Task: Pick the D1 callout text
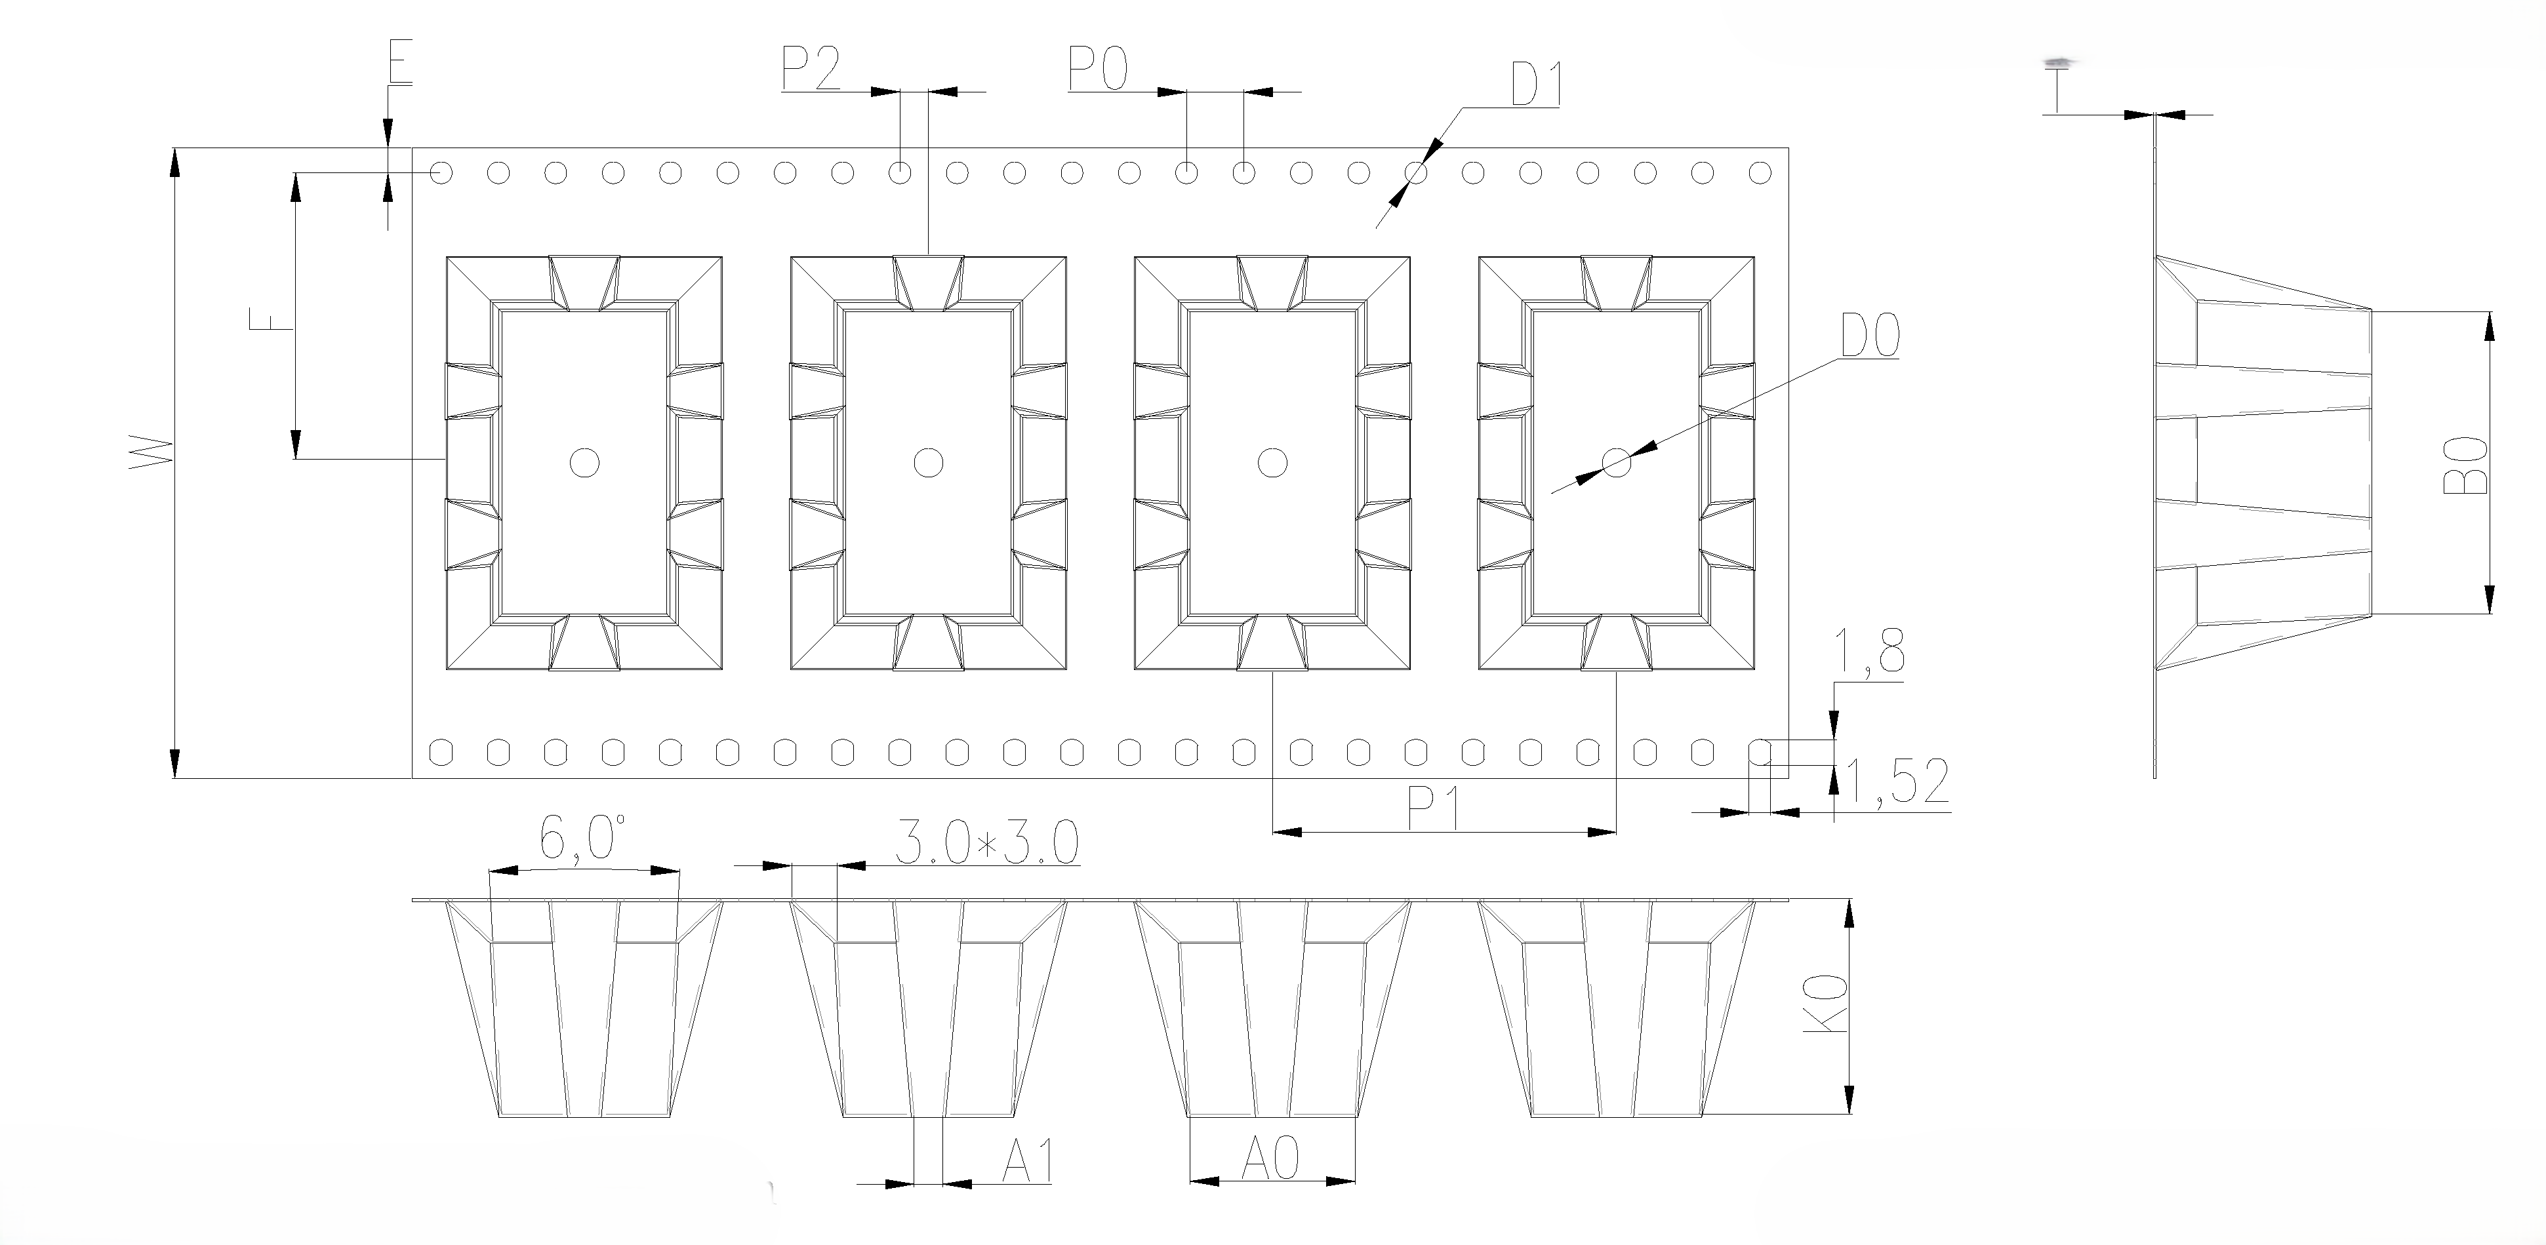[1535, 85]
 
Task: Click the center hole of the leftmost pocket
[584, 462]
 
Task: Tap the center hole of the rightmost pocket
[1617, 462]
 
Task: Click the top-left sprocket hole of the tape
[441, 173]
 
